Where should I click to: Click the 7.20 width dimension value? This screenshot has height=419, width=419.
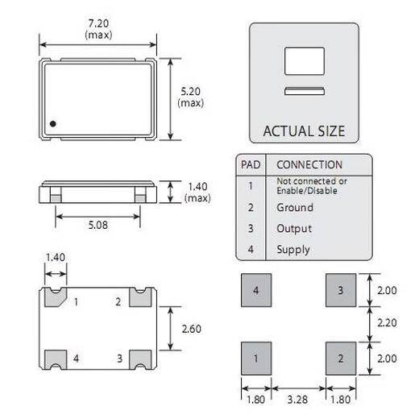(x=98, y=24)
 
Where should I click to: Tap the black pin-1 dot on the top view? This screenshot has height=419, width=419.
(x=53, y=123)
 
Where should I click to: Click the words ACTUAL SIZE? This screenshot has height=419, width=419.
(x=304, y=131)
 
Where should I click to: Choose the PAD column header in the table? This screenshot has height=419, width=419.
(x=251, y=164)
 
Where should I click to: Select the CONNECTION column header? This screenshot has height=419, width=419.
(x=309, y=164)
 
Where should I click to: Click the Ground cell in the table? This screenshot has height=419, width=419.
(x=295, y=207)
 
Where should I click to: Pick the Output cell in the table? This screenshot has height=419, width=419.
(x=294, y=228)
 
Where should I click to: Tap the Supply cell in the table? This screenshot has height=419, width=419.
(x=293, y=249)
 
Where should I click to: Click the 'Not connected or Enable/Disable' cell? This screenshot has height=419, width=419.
(x=311, y=185)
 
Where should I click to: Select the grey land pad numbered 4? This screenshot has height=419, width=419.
(x=256, y=290)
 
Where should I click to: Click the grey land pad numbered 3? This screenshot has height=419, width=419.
(x=341, y=290)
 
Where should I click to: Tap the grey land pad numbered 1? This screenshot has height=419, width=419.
(x=256, y=357)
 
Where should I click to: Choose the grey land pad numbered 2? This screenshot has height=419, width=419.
(x=341, y=357)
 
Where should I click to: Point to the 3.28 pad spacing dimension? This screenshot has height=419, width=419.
(x=298, y=398)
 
